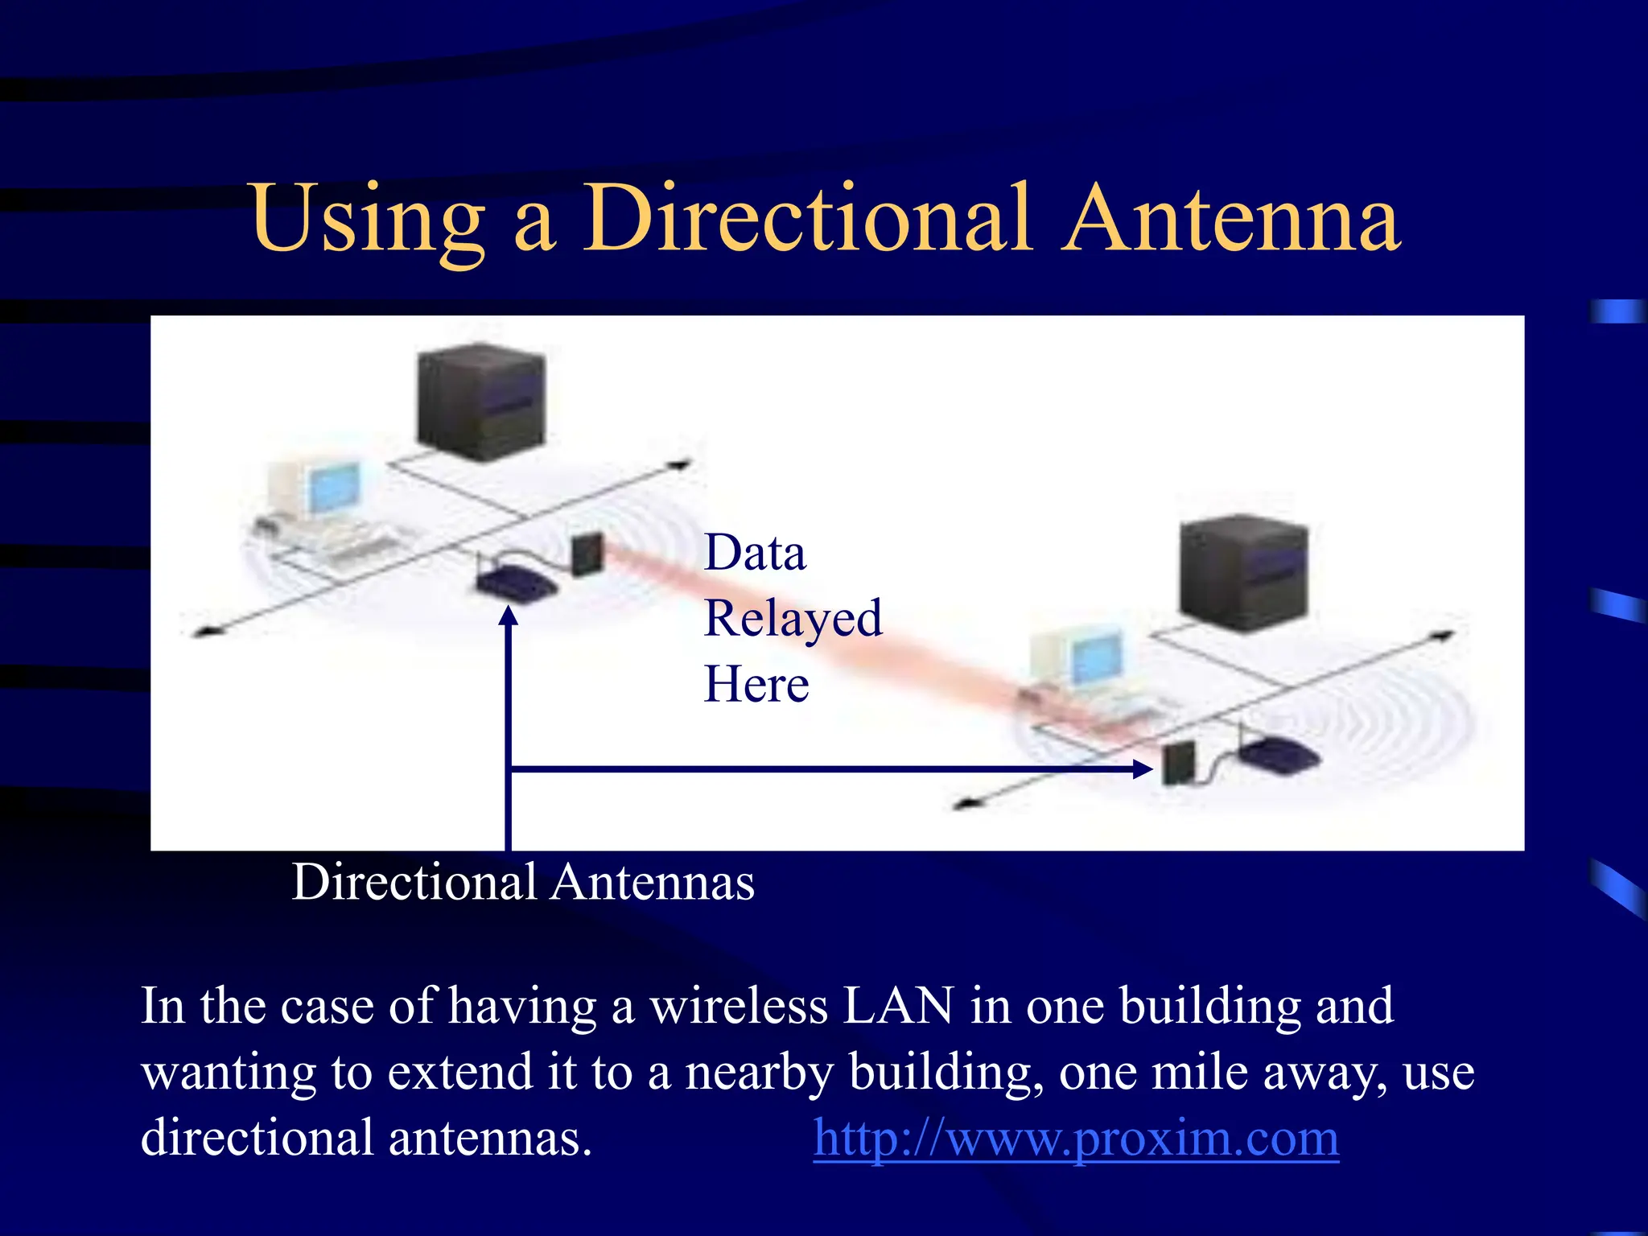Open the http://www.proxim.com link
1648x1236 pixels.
pos(1076,1138)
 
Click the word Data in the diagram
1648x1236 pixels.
pos(754,553)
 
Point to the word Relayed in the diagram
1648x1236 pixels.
pos(793,620)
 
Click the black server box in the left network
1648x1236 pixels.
pos(481,402)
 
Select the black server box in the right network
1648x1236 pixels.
pos(1243,572)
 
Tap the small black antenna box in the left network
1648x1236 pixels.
pos(587,554)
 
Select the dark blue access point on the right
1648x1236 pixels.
pos(1277,756)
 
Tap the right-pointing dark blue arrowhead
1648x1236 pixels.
pos(1142,769)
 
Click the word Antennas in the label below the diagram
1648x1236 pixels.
pos(653,883)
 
